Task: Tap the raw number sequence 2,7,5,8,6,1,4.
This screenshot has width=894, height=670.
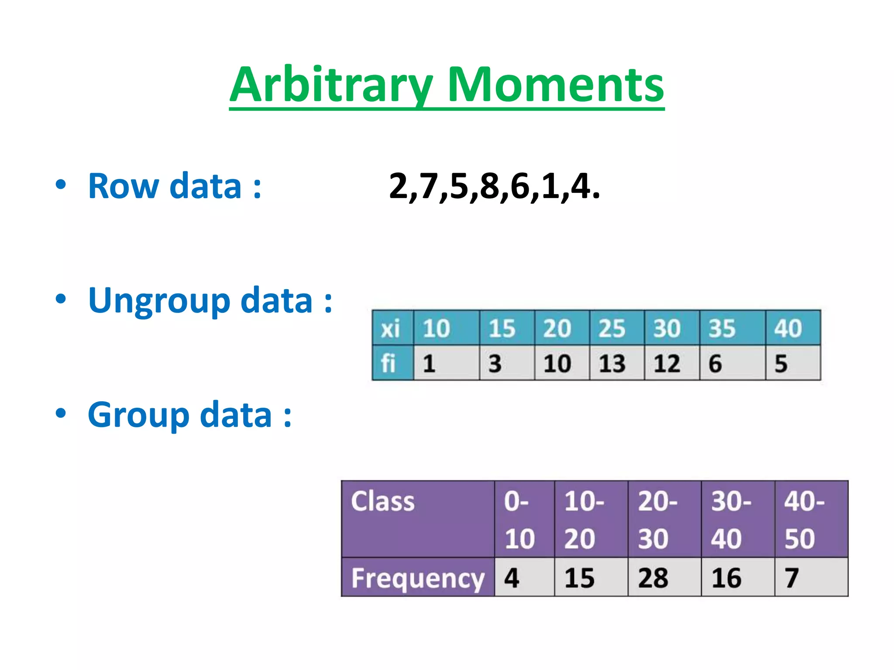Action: (x=494, y=186)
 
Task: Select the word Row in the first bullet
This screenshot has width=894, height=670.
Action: (x=124, y=186)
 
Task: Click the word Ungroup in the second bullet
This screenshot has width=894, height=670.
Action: (x=159, y=301)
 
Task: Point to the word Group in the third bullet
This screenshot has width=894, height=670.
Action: (x=138, y=415)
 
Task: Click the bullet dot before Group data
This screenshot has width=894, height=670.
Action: (x=61, y=413)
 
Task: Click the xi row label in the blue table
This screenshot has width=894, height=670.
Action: (x=391, y=328)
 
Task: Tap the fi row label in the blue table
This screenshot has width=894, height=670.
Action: (x=389, y=363)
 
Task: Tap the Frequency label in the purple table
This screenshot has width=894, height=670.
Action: (x=417, y=578)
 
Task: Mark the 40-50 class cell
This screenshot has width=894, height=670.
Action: (x=810, y=519)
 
